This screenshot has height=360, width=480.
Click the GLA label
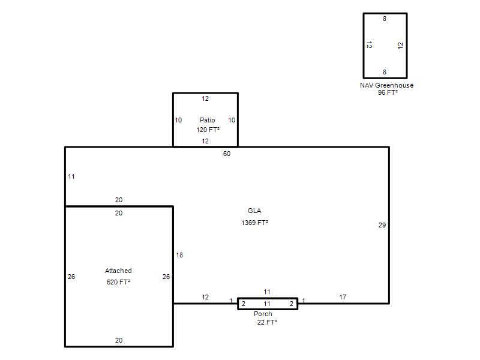click(254, 211)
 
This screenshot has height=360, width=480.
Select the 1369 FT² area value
click(254, 223)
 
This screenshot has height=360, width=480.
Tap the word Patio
click(207, 120)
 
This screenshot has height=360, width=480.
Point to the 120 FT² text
click(208, 130)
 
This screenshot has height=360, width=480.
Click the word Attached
click(118, 271)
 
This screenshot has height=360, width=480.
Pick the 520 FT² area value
click(118, 282)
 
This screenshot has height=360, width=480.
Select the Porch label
click(263, 314)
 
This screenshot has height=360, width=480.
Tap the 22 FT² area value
click(267, 322)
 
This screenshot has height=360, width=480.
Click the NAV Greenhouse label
click(386, 85)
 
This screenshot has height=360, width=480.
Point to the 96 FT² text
click(388, 92)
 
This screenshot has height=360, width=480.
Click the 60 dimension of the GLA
click(227, 154)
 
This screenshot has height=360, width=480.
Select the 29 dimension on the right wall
click(382, 225)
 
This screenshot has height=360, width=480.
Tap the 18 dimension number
click(179, 255)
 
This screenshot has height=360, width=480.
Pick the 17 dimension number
click(343, 297)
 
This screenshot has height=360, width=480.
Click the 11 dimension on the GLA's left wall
click(71, 176)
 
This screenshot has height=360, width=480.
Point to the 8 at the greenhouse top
click(385, 19)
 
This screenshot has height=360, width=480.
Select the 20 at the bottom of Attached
click(119, 340)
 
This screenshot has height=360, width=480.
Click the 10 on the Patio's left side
click(178, 120)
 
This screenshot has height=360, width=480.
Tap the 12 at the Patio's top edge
click(205, 98)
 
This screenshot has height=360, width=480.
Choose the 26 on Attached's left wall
click(71, 277)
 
